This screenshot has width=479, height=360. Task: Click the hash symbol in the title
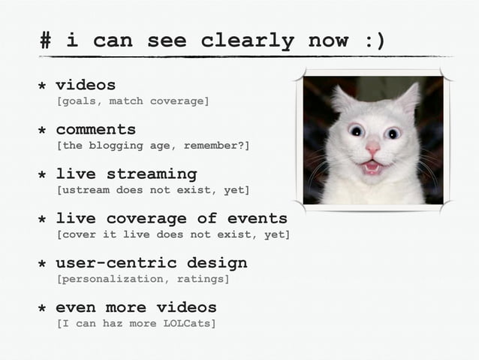pos(47,41)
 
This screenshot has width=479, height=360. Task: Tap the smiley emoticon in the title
pos(374,41)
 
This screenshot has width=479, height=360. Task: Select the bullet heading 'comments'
pos(95,129)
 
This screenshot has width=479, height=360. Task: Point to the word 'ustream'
pos(86,190)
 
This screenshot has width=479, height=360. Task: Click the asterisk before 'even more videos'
pos(42,309)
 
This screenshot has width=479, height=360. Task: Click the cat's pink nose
pos(372,150)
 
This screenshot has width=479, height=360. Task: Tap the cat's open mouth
pos(372,166)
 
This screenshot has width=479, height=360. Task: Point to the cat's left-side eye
pos(357,131)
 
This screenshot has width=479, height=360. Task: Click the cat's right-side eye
pos(392,133)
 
